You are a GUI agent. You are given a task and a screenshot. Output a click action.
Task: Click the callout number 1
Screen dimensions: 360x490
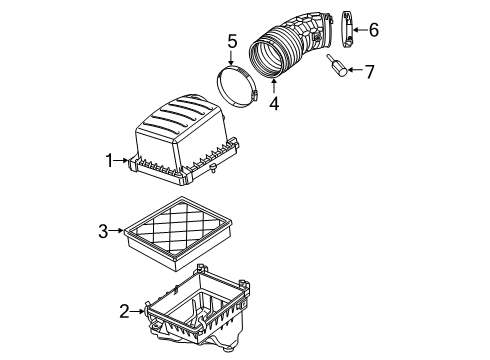(112, 159)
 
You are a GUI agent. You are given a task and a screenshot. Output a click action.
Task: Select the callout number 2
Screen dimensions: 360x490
(124, 312)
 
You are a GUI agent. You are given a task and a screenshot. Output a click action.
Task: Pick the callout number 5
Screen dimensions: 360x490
(231, 42)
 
